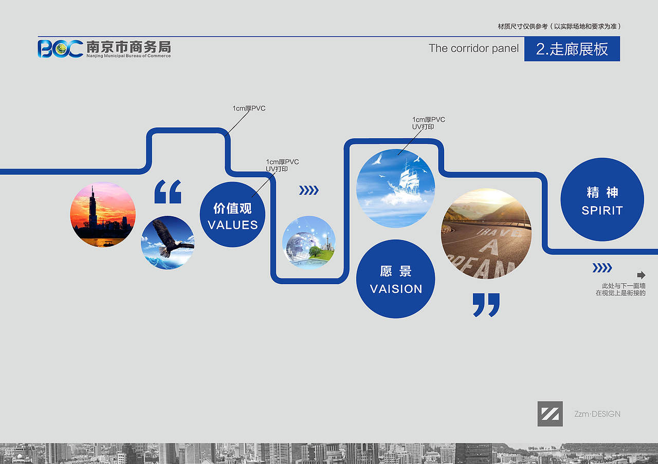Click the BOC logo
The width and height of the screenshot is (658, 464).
point(60,49)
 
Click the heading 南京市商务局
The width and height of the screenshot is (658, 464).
point(129,47)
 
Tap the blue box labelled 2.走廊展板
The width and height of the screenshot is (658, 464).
point(572,49)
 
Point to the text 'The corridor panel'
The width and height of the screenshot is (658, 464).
point(473,48)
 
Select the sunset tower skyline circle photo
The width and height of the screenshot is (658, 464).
point(103,214)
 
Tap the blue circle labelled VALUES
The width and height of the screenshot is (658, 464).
point(232,214)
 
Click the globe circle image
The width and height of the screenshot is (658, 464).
point(309,243)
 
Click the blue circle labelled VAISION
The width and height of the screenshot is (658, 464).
point(396,279)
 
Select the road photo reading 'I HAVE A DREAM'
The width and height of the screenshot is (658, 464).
point(486,234)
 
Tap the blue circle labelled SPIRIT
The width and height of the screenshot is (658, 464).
point(602,200)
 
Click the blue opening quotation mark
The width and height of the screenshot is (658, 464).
point(168,192)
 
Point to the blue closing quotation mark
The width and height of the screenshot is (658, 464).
point(486,305)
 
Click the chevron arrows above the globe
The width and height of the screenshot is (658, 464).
point(309,190)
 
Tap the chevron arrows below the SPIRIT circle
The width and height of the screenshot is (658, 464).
point(602,268)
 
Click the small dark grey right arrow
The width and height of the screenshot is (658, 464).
point(641,275)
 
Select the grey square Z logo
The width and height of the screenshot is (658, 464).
point(550,414)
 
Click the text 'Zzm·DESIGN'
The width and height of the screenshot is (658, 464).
point(597,414)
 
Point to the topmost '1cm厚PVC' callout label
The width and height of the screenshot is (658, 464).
point(249,108)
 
